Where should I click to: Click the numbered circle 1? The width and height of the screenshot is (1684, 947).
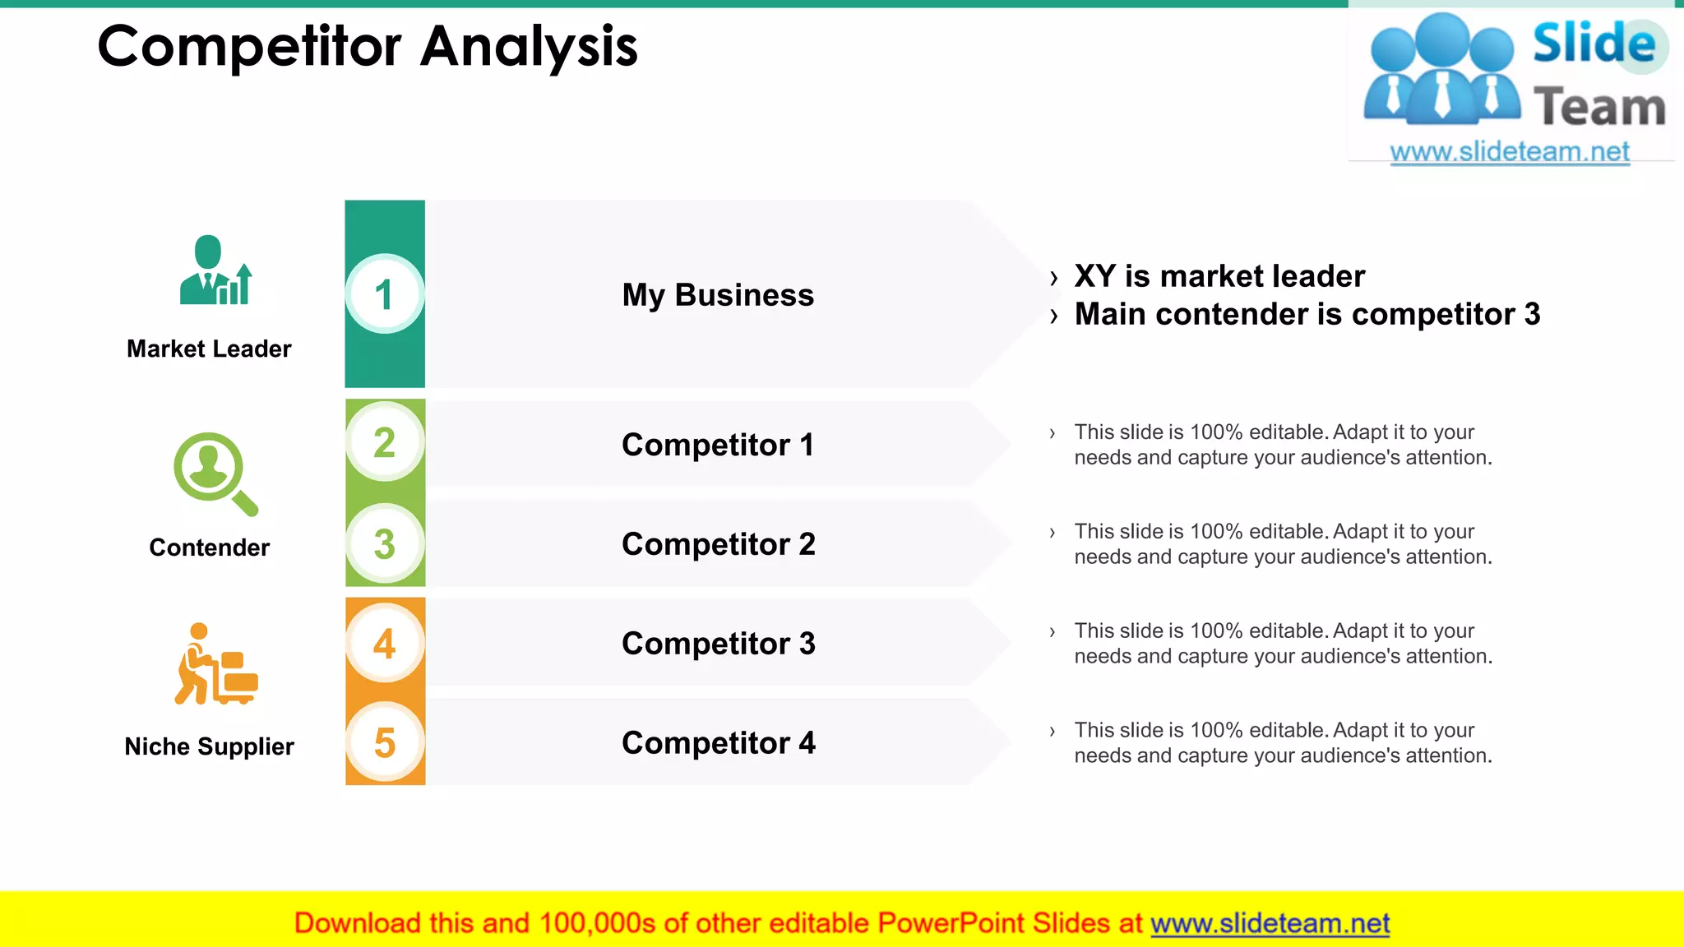click(384, 294)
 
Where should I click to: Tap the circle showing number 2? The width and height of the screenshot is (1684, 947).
click(384, 442)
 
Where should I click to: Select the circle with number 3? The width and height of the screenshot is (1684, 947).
click(384, 543)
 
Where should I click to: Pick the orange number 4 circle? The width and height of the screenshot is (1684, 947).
click(384, 643)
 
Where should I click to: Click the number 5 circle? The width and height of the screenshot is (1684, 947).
click(384, 742)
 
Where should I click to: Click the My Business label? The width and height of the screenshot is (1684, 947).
click(717, 295)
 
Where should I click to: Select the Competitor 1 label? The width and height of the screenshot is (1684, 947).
click(717, 445)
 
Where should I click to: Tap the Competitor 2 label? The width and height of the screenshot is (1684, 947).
click(718, 544)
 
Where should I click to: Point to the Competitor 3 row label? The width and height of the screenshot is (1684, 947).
click(718, 644)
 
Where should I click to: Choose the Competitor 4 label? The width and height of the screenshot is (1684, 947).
click(718, 743)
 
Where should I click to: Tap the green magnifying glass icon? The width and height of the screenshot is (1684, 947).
click(215, 473)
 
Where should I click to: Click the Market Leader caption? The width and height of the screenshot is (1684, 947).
click(209, 349)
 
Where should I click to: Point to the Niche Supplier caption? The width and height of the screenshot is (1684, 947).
click(209, 746)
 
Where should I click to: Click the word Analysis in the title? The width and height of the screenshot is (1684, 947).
click(529, 47)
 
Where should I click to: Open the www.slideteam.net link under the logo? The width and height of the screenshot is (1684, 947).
click(1509, 152)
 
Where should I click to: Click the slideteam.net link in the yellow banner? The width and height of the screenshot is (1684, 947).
click(1270, 923)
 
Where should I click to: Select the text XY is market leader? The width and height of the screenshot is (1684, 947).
click(1219, 276)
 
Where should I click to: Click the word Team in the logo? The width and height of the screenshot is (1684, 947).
click(1598, 108)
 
